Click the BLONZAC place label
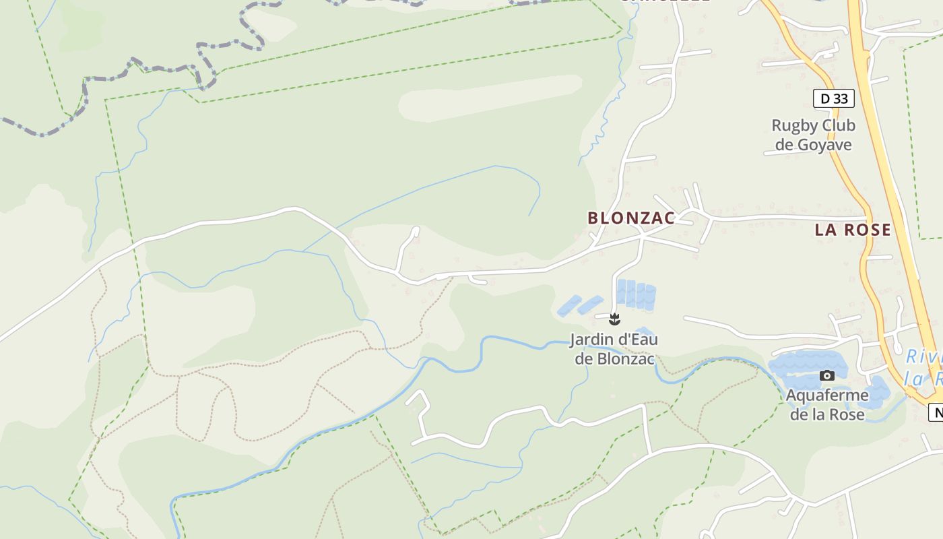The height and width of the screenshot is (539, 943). tap(631, 218)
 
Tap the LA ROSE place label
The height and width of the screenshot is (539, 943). tap(853, 230)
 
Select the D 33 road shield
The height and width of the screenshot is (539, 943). tap(834, 99)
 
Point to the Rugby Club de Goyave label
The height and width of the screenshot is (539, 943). tap(813, 135)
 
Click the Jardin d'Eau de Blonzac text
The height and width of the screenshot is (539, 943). tap(614, 348)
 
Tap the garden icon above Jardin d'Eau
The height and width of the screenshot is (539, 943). tap(614, 319)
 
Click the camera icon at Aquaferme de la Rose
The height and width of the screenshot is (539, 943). tap(827, 375)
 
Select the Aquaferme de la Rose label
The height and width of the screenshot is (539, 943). tap(826, 404)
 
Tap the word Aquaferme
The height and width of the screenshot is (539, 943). tap(827, 395)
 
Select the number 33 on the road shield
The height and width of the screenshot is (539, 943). tap(840, 99)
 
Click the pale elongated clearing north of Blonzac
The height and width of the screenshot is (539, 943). tap(490, 98)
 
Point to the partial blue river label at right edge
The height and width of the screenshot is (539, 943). tap(924, 367)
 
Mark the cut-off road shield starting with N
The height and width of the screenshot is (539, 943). tap(936, 412)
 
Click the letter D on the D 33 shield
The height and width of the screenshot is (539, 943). tap(825, 99)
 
